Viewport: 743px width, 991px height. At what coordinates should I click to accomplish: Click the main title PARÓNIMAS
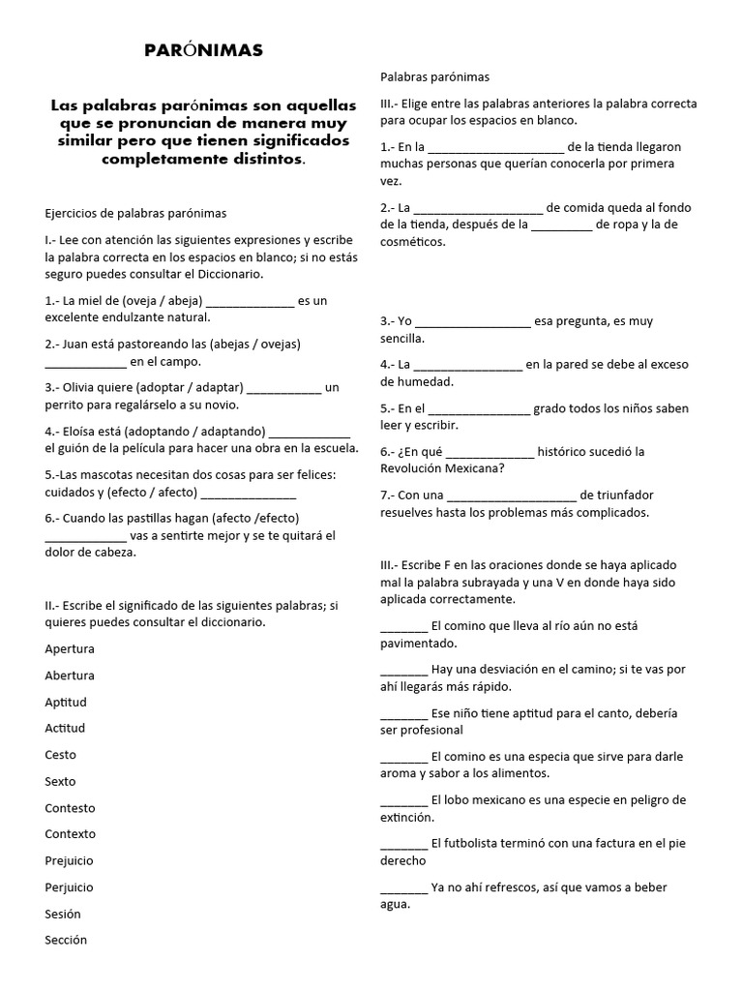(202, 51)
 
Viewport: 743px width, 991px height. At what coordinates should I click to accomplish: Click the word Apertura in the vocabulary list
(70, 648)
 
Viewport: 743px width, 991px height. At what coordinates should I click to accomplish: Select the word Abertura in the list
(70, 676)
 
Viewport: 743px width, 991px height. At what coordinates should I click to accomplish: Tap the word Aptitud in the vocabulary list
(66, 702)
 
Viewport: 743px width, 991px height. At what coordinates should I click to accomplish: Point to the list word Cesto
(60, 755)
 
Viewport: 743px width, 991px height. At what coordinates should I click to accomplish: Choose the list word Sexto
(60, 781)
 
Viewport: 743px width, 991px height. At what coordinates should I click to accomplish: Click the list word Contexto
(70, 833)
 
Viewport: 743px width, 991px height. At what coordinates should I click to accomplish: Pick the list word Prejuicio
(70, 860)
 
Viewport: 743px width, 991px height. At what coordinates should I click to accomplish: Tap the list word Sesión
(63, 914)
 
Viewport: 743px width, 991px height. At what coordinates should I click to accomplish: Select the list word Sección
(66, 940)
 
